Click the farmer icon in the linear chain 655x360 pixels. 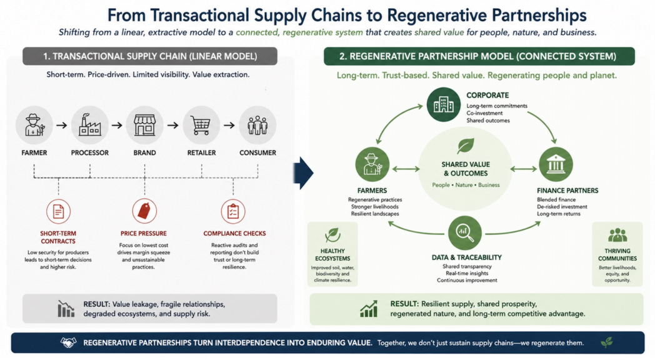34,125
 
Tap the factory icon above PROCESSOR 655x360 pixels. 89,125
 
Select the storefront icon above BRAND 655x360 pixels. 144,125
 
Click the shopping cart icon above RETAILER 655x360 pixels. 201,125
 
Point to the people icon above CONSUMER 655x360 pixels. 257,125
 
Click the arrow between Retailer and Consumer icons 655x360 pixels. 229,126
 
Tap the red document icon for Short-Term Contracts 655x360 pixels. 58,211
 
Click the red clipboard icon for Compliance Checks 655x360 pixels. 233,211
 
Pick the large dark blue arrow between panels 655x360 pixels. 304,172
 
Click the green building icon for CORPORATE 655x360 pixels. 443,104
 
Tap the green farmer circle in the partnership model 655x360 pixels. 372,164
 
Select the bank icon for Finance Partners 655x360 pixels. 556,164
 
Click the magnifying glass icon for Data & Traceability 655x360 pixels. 464,232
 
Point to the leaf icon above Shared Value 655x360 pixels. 465,146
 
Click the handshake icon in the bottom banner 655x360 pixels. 68,343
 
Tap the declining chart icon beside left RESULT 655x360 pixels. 66,308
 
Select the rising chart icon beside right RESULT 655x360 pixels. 369,308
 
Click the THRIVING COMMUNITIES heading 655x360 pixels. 617,254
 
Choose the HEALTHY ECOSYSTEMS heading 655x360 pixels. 332,254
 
